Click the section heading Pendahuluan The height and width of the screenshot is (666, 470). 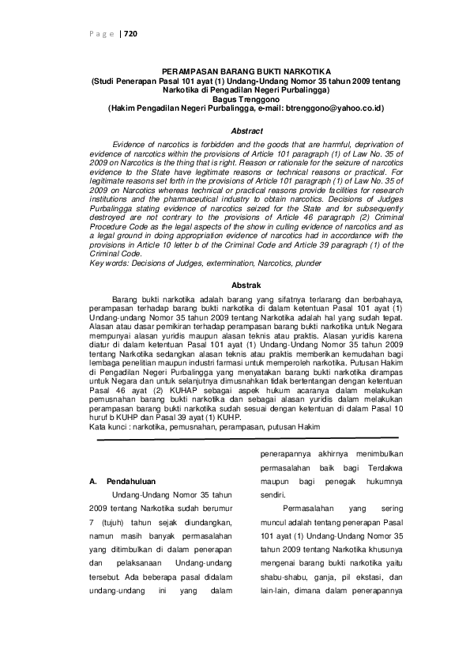tap(131, 480)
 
